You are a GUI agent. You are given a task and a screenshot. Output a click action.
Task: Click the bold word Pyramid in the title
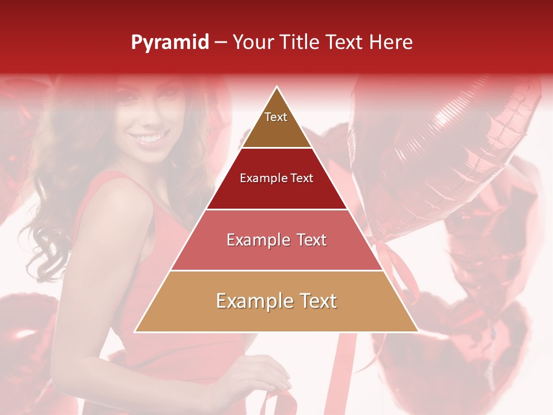[x=170, y=43]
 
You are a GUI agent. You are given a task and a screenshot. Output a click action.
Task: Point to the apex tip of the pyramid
[x=277, y=88]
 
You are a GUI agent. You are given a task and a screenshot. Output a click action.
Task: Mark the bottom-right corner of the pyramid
[x=417, y=331]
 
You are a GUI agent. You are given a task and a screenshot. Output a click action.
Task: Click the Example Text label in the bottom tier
[x=276, y=301]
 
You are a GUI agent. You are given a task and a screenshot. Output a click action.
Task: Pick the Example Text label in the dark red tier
[x=276, y=178]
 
